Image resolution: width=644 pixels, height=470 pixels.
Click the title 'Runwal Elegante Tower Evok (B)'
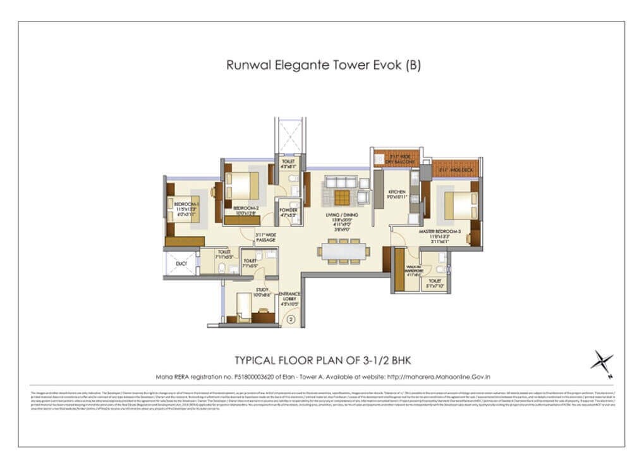tap(323, 65)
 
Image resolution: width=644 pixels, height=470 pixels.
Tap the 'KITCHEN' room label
tap(396, 191)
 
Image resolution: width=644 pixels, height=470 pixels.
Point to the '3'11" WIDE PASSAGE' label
tap(264, 237)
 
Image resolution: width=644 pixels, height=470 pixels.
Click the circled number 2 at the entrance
tap(291, 319)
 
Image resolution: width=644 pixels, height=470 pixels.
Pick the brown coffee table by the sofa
tap(342, 197)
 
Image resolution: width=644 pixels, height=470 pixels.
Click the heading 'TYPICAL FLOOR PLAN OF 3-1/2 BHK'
tap(323, 361)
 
